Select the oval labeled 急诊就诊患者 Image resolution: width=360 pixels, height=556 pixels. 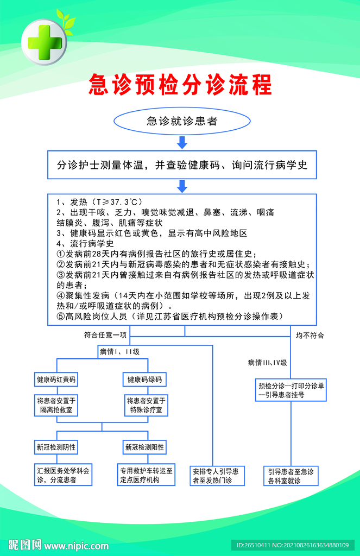[182, 122]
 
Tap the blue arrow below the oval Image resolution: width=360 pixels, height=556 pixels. [182, 143]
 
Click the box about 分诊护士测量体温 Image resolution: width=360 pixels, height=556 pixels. [182, 165]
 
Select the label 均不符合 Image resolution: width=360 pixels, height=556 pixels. [310, 335]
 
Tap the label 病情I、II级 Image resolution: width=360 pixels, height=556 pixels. [119, 351]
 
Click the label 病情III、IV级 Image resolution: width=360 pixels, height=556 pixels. [267, 362]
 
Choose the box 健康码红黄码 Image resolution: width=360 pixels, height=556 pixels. [56, 379]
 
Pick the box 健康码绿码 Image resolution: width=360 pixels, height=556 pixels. [144, 379]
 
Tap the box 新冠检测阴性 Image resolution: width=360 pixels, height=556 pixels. [56, 447]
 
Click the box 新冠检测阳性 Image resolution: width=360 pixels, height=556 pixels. [144, 447]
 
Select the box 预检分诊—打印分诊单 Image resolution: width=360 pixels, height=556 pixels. [291, 390]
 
